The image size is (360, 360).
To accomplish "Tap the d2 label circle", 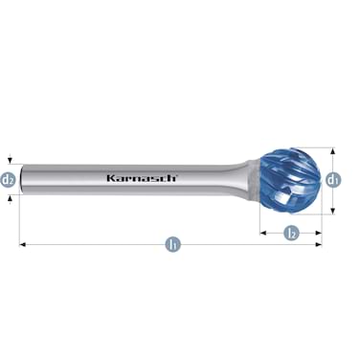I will pyautogui.click(x=8, y=179).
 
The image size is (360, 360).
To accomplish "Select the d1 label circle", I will pyautogui.click(x=332, y=179).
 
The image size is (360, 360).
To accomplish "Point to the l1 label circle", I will pyautogui.click(x=173, y=245).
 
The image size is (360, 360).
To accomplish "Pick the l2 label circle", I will pyautogui.click(x=291, y=232).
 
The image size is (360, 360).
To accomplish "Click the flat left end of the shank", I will pyautogui.click(x=21, y=179).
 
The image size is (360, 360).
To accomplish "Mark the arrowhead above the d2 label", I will pyautogui.click(x=8, y=164).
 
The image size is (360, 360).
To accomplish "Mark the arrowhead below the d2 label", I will pyautogui.click(x=8, y=194).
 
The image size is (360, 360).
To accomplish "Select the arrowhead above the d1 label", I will pyautogui.click(x=332, y=151).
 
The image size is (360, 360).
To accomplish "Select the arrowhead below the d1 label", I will pyautogui.click(x=332, y=208).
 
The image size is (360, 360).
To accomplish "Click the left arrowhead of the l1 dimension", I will pyautogui.click(x=23, y=245).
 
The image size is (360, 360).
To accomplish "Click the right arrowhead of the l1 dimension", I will pyautogui.click(x=320, y=245).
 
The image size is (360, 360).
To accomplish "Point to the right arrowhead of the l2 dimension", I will pyautogui.click(x=319, y=232).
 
